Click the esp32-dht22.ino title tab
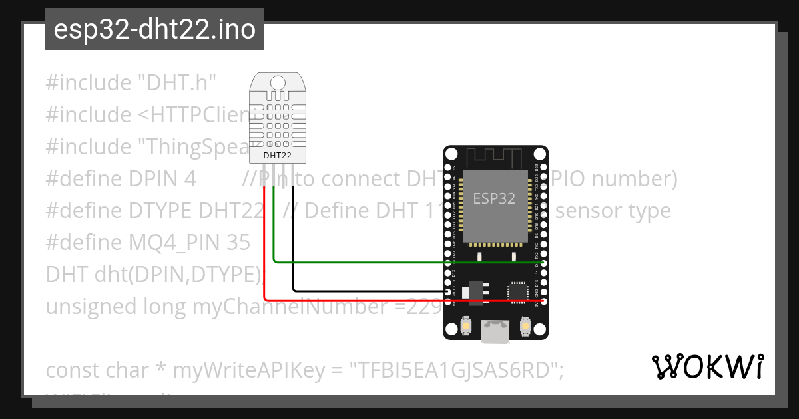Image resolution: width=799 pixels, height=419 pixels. [x=154, y=30]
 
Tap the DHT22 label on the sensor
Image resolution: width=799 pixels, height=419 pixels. [x=276, y=156]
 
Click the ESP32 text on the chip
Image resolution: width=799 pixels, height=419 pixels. [x=495, y=198]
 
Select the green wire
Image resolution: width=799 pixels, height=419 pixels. [x=400, y=262]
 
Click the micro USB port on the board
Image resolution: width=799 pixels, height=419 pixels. [x=495, y=331]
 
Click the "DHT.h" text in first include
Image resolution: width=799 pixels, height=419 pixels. [x=177, y=83]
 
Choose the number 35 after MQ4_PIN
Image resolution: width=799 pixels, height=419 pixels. [x=238, y=243]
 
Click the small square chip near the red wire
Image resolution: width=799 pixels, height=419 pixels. [x=517, y=291]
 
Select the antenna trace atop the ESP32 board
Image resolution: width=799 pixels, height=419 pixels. [x=495, y=158]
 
